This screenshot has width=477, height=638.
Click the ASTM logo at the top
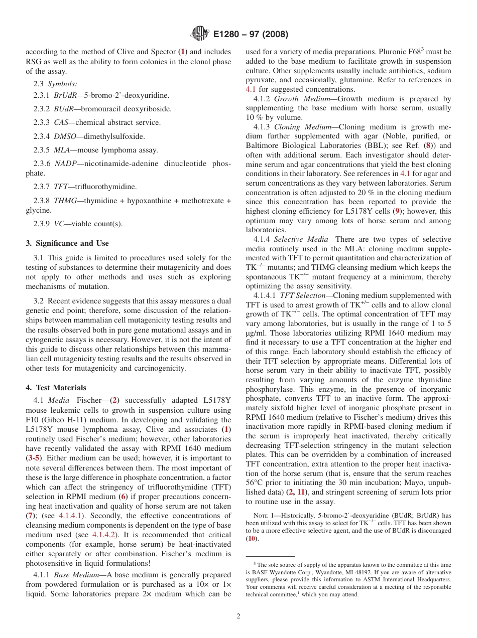(x=200, y=34)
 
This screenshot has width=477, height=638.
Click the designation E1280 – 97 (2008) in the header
(x=251, y=34)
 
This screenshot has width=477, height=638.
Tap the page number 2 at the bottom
(x=238, y=616)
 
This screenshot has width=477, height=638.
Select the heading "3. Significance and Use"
(x=67, y=243)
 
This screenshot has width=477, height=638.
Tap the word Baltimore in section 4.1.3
(x=263, y=145)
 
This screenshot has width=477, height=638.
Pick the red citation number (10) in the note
(x=251, y=538)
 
